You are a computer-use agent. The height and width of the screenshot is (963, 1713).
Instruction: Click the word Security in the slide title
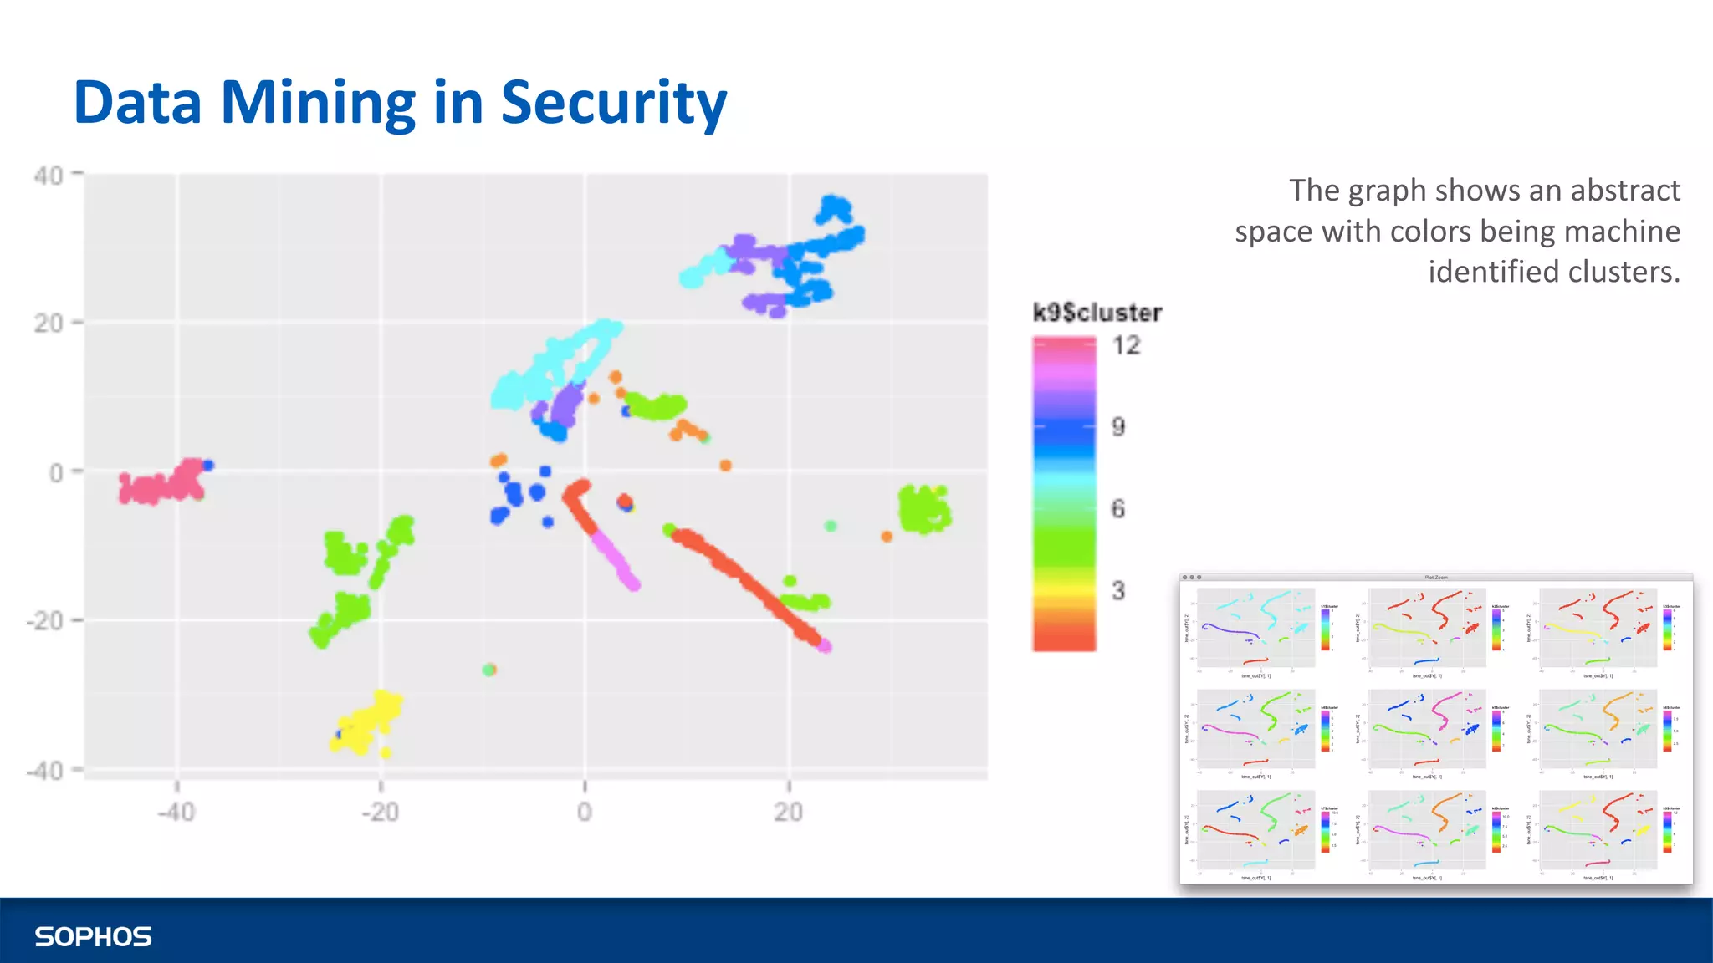point(613,103)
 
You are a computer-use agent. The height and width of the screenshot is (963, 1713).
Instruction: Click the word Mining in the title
point(317,103)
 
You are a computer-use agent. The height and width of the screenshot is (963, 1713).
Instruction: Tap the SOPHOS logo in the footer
point(93,936)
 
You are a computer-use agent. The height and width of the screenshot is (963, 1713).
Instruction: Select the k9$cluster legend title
point(1097,313)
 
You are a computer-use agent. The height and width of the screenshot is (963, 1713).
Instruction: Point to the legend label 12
point(1126,345)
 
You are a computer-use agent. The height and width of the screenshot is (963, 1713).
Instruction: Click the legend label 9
point(1118,427)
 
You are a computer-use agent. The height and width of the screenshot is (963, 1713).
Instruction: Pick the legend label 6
point(1118,508)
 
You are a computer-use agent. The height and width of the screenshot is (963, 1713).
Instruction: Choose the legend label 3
point(1118,590)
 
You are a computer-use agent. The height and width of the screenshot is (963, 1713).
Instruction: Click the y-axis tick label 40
point(49,176)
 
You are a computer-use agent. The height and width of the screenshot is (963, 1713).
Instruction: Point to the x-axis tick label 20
point(788,811)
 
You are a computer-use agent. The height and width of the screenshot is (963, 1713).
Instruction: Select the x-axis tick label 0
point(584,811)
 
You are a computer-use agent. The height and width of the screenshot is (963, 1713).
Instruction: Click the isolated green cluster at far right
point(923,509)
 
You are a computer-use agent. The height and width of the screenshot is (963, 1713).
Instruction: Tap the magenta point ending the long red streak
point(825,645)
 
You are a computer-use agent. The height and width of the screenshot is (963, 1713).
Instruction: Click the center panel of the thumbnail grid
point(1426,729)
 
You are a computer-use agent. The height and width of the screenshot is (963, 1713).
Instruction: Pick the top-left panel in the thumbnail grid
point(1255,629)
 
